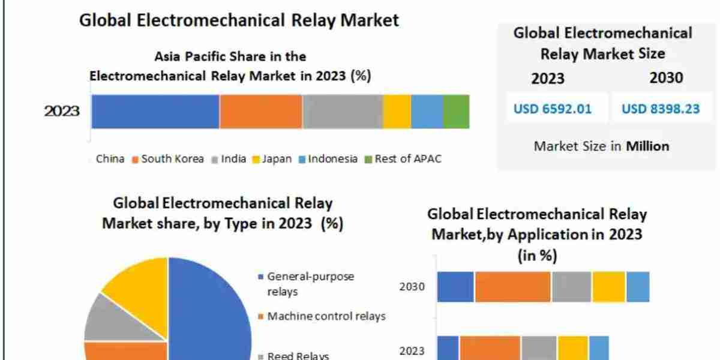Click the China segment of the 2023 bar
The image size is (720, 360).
click(155, 112)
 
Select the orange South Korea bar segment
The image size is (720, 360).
click(260, 112)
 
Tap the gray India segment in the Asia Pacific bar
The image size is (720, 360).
click(342, 112)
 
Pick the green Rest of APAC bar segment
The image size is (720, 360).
click(456, 112)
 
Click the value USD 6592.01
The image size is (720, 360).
click(552, 109)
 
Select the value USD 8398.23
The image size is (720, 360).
click(660, 109)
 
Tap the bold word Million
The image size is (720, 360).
click(647, 146)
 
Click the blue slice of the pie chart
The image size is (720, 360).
click(210, 312)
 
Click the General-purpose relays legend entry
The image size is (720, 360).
click(309, 284)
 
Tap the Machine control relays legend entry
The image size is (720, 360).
click(325, 316)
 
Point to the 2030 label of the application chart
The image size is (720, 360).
click(412, 286)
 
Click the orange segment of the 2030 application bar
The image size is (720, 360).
click(512, 286)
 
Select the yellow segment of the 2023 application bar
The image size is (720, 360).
click(572, 348)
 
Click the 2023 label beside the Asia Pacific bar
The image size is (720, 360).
click(61, 112)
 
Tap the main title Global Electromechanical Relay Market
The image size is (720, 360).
click(239, 20)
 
